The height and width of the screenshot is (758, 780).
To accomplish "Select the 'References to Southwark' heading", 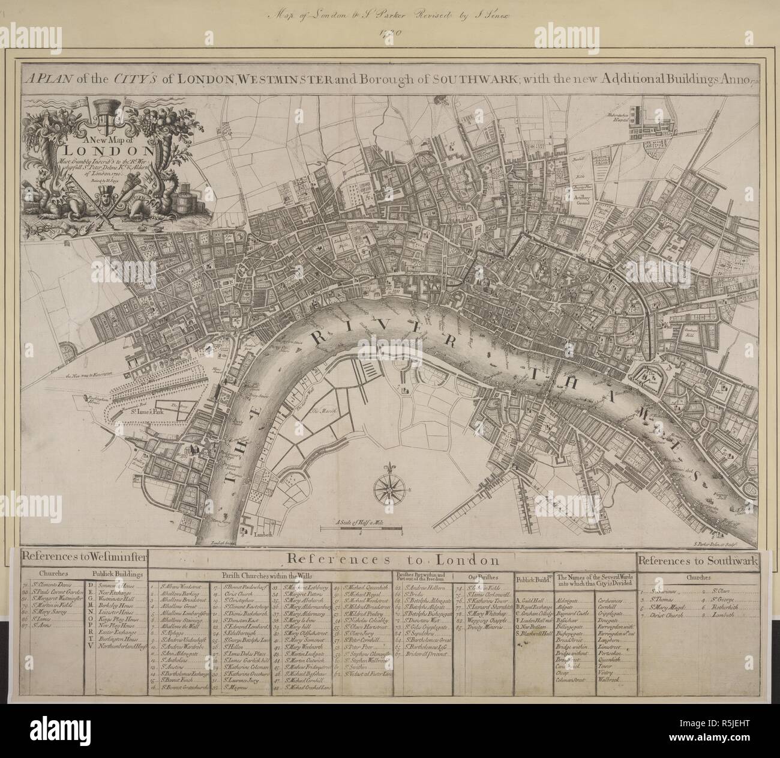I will click(697, 561).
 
